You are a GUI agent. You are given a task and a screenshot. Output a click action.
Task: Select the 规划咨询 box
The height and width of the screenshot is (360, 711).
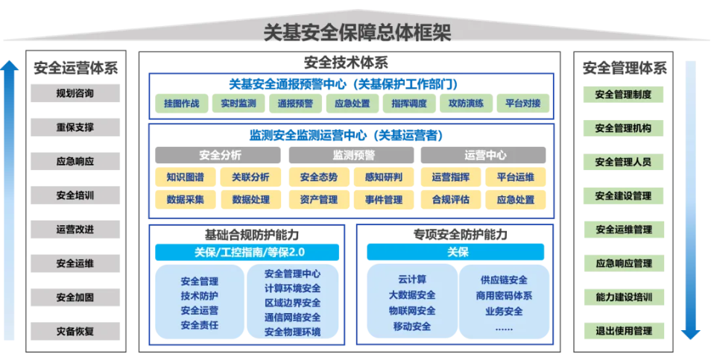pos(75,94)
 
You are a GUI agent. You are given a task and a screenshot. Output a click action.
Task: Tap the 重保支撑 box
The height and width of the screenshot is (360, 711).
pos(75,127)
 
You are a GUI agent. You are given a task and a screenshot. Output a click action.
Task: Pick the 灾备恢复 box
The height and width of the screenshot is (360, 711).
pos(75,331)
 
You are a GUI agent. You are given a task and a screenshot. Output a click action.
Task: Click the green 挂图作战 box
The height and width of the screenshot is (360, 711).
pos(181,104)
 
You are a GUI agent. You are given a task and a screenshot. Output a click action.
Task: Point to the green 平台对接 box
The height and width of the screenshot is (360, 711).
pos(522,104)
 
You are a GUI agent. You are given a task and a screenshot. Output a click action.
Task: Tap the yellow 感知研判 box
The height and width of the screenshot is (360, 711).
pos(384,177)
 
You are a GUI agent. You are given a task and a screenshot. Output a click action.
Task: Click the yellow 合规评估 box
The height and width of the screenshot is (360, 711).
pos(450,200)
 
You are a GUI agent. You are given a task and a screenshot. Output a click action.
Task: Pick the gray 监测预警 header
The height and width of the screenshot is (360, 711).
pos(353,156)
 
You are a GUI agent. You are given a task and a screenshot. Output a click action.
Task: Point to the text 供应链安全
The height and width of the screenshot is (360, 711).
pos(504,280)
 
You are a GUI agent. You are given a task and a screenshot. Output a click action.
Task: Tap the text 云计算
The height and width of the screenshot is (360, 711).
pos(412,280)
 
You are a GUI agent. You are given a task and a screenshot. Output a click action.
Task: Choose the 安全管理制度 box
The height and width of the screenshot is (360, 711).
pos(623,95)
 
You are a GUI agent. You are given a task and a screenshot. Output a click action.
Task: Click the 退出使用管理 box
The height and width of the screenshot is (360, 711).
pos(623,331)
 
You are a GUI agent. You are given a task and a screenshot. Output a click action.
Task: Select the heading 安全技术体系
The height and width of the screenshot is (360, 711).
pos(346,63)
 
